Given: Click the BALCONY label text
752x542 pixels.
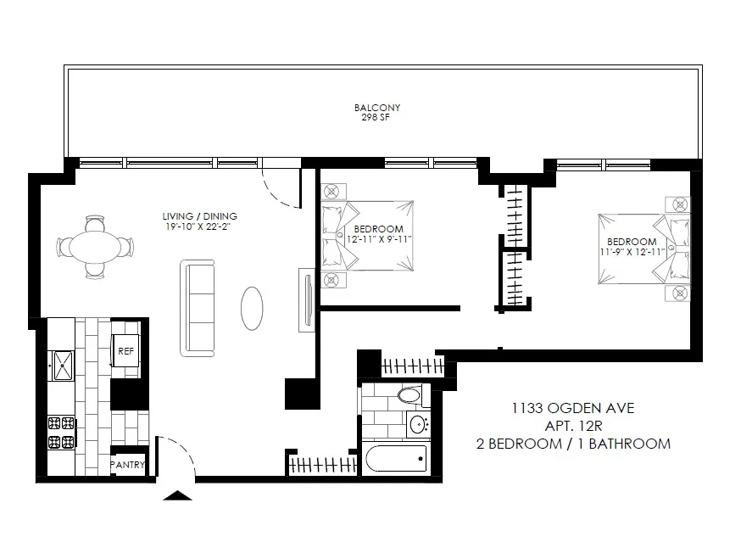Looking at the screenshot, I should coord(376,108).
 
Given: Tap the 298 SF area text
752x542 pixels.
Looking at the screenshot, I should coord(376,118).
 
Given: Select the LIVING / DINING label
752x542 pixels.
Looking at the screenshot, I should coord(200,215).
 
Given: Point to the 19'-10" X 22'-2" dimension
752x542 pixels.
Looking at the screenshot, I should coord(200,226).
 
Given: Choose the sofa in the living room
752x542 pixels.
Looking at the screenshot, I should coord(198,307).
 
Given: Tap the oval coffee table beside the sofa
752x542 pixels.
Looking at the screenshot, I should coord(253,308).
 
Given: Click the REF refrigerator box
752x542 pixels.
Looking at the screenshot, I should coord(125,350).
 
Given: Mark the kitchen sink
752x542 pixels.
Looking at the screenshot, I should coord(62,366).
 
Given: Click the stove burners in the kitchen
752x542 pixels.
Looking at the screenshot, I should coord(62,432).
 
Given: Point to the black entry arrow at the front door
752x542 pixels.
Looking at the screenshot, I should coord(178,496).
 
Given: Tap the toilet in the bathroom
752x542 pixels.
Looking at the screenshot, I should coord(409,395).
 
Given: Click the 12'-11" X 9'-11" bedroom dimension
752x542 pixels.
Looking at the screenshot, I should coord(367,240).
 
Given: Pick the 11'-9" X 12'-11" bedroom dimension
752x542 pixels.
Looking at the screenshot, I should coord(632,252).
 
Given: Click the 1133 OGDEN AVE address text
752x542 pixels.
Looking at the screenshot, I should coord(572,408).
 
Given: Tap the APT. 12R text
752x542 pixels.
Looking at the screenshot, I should coord(572,426).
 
